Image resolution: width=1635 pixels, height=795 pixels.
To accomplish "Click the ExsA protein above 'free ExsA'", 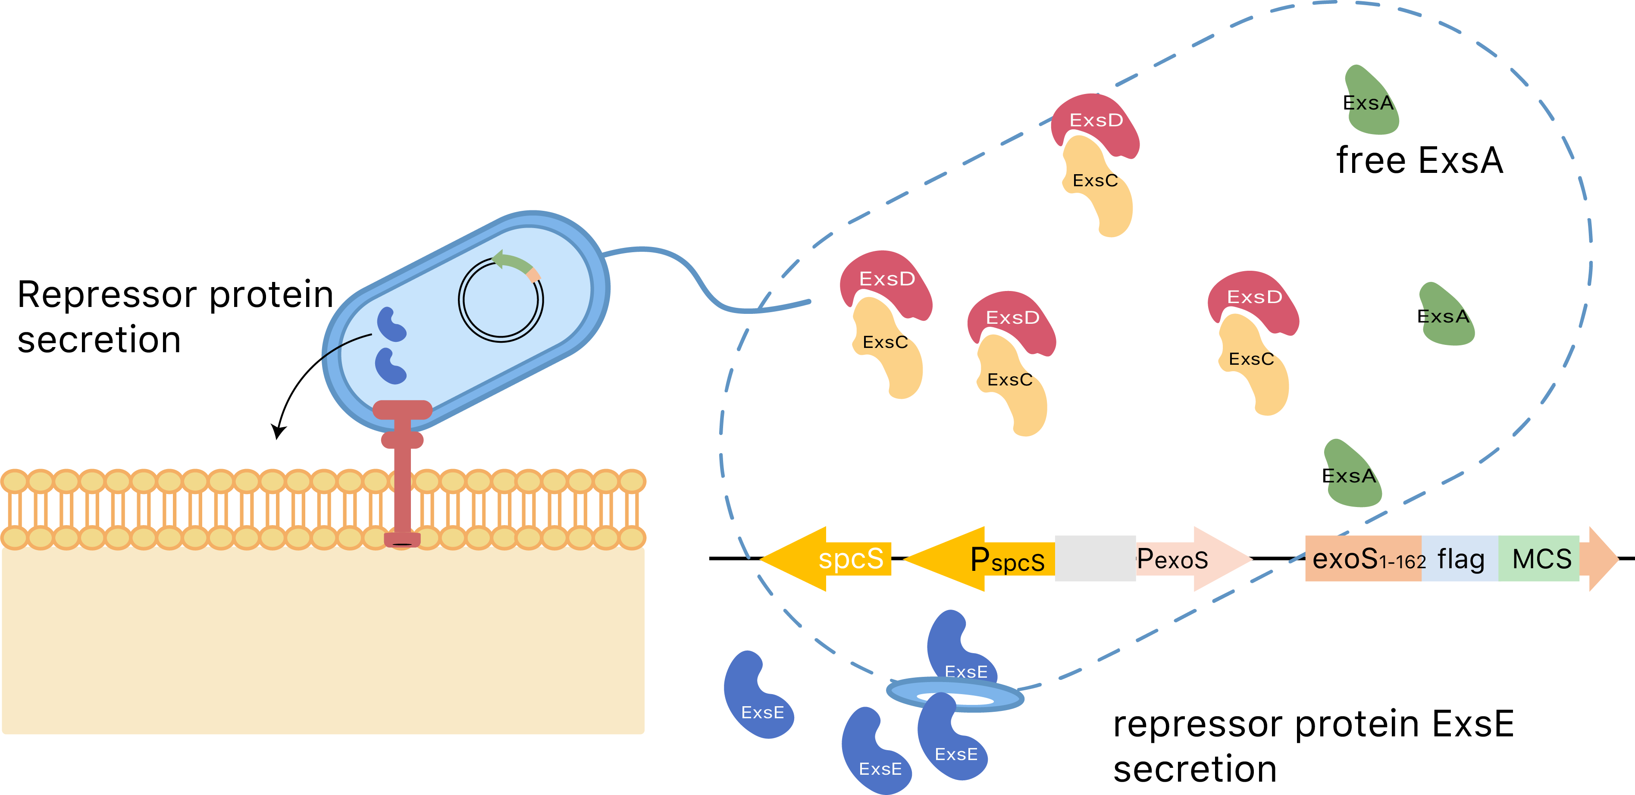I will pyautogui.click(x=1371, y=101).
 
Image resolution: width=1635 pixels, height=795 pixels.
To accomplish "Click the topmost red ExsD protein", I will pyautogui.click(x=1095, y=124).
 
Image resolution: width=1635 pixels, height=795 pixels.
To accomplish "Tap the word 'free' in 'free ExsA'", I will pyautogui.click(x=1371, y=160).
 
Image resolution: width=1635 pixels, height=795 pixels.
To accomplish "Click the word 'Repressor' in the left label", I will pyautogui.click(x=105, y=295).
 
